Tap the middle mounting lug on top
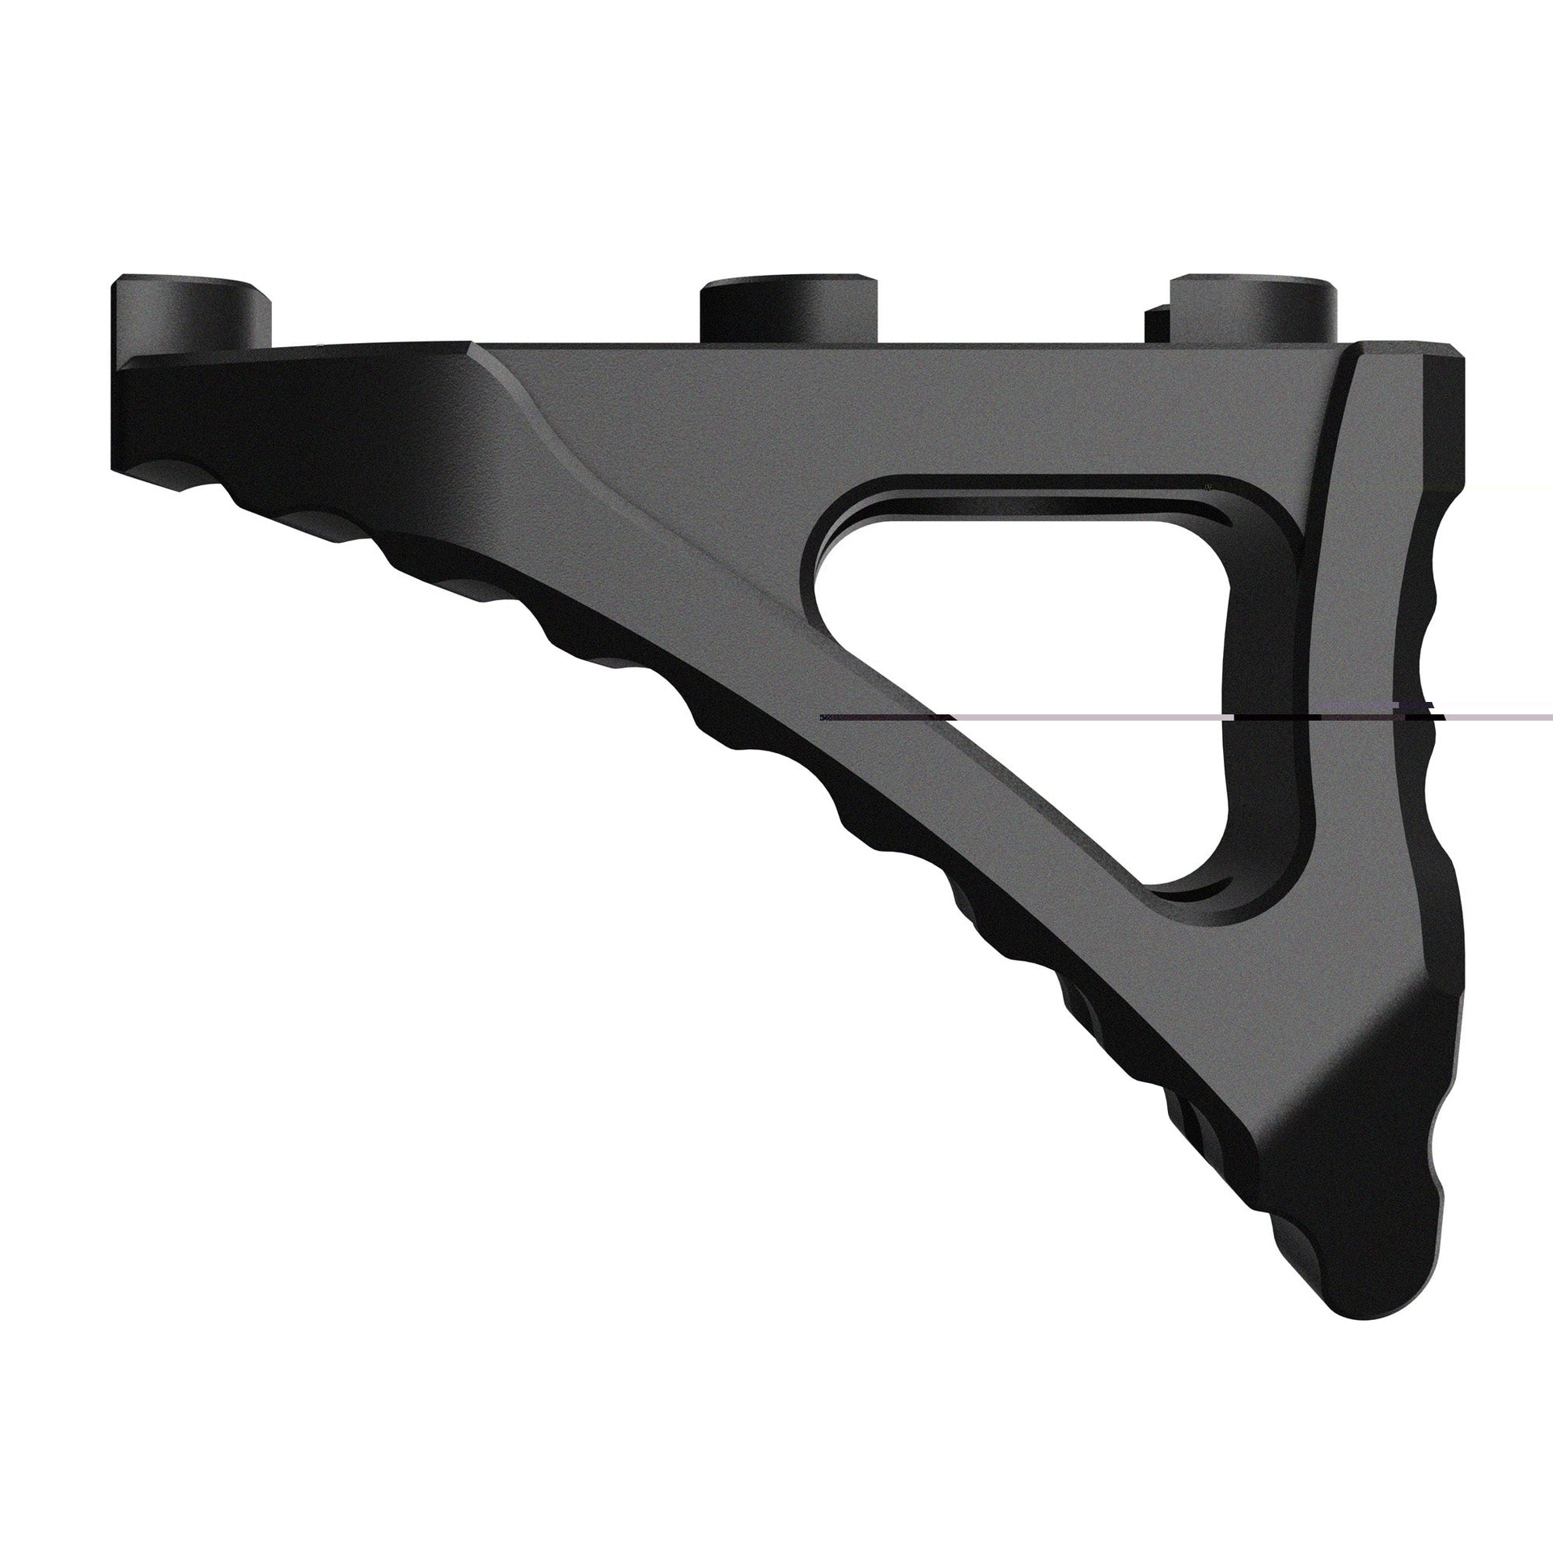pyautogui.click(x=789, y=311)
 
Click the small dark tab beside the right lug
pyautogui.click(x=1155, y=320)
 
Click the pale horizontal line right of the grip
pyautogui.click(x=1496, y=717)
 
